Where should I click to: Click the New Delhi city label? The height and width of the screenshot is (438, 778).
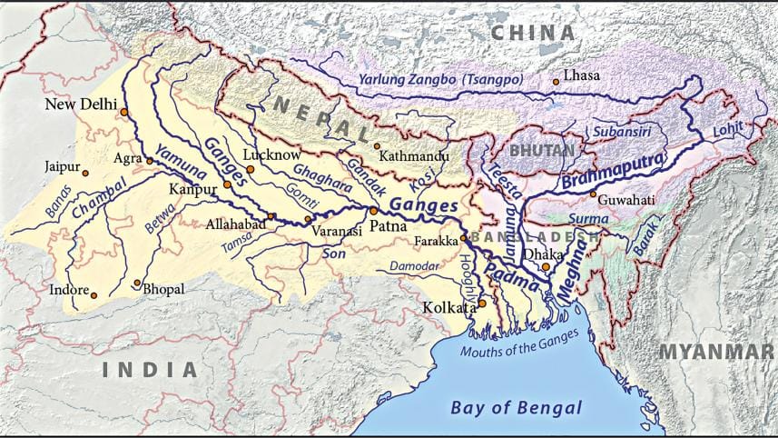point(80,105)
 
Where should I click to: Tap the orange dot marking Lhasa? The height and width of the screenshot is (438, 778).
point(556,82)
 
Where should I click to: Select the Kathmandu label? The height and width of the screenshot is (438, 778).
point(414,156)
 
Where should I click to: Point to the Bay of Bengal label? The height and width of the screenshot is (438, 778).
point(516,407)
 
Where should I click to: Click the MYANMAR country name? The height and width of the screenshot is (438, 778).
point(717,352)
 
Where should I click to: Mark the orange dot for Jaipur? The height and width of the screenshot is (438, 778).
point(85,172)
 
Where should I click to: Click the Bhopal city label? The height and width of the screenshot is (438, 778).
point(163,289)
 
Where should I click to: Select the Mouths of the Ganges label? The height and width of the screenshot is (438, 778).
point(519,345)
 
